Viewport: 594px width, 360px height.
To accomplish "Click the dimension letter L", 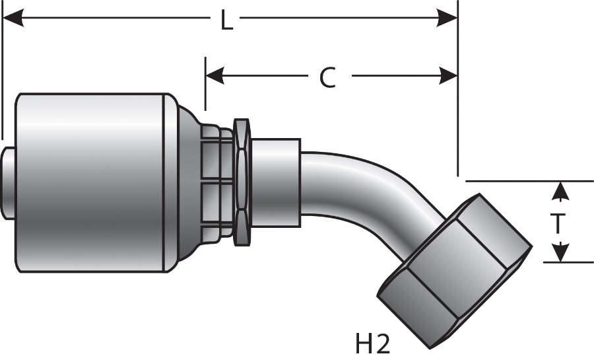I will point(226,21).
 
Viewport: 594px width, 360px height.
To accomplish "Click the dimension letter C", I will point(327,77).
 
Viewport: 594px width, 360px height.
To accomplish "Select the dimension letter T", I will point(558,223).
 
